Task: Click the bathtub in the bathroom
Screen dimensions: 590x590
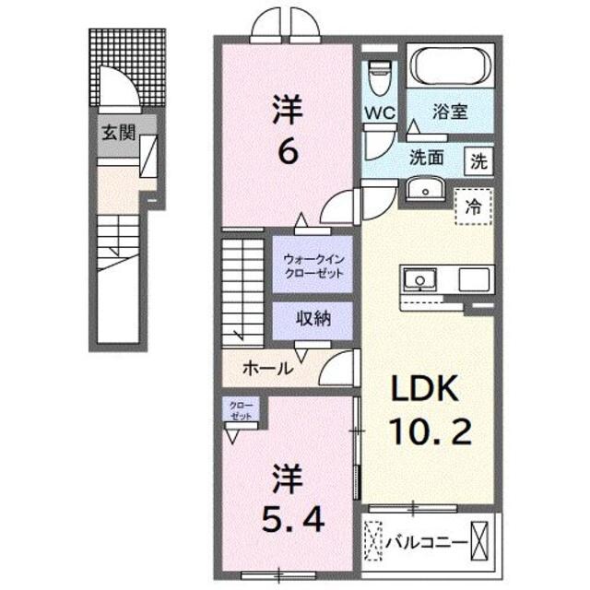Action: pos(451,67)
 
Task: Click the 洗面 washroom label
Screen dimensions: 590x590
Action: pos(427,157)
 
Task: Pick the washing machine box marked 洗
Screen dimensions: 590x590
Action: pos(479,159)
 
